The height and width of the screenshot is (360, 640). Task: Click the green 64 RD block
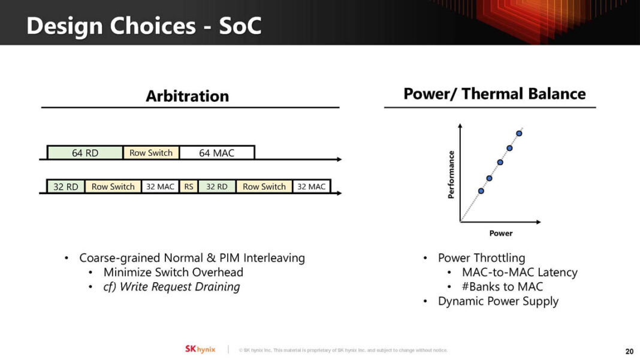coord(85,153)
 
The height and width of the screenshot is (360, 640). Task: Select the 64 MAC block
coord(216,153)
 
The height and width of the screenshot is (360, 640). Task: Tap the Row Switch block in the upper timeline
coord(151,153)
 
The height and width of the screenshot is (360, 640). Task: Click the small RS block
coord(189,186)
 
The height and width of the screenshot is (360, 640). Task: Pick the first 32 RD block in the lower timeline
coord(66,186)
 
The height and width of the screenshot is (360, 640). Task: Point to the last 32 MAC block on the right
coord(312,186)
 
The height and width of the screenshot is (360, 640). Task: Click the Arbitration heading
coord(187,96)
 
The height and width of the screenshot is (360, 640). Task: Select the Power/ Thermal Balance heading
coord(494,94)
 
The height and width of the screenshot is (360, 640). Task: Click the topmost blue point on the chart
coord(519,133)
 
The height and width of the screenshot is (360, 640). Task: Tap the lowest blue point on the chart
coord(481,190)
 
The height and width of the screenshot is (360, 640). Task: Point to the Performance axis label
coord(451,174)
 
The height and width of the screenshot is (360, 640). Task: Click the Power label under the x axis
coord(501,233)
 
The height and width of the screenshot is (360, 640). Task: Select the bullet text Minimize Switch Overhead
coord(173,273)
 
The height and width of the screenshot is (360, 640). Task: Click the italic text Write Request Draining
coord(180,287)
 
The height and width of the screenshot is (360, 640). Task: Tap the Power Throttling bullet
coord(481,258)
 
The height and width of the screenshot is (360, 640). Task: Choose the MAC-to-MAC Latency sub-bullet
coord(520,273)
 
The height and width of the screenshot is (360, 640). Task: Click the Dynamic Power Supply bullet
coord(498,301)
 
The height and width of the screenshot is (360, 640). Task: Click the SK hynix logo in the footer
coord(200,349)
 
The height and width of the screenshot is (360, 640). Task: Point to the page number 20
coord(629,351)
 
